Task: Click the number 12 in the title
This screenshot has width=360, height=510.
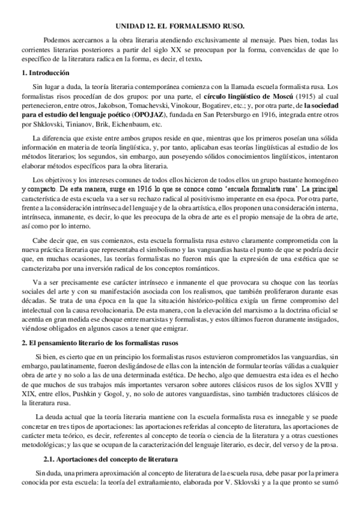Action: coord(159,27)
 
